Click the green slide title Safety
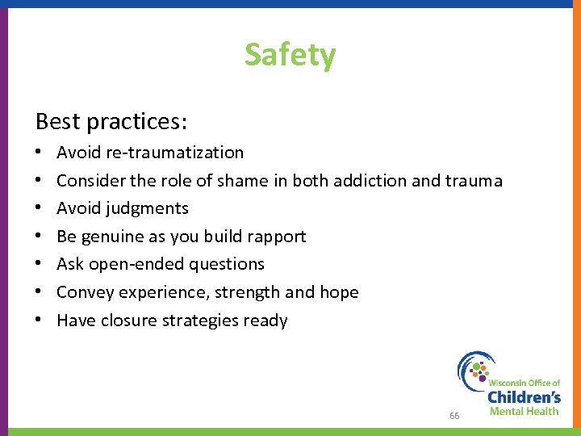pos(290,55)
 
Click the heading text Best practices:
pos(111,121)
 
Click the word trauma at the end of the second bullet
pos(473,180)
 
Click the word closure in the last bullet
pos(125,321)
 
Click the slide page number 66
pos(454,416)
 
